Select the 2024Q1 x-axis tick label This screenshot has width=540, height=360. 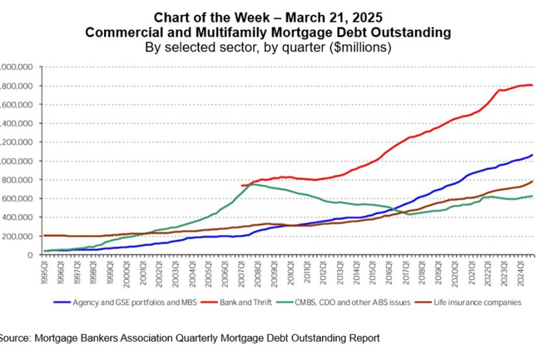(x=520, y=268)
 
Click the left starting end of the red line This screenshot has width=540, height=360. (x=241, y=186)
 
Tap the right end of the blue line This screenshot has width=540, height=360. (x=532, y=155)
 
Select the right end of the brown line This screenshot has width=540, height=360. (x=532, y=182)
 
